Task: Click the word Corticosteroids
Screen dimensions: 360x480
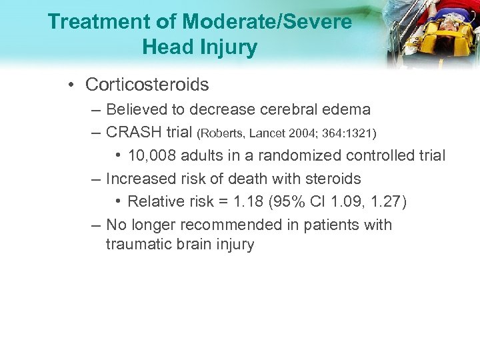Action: pos(147,85)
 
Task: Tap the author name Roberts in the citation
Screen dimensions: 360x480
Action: pos(223,134)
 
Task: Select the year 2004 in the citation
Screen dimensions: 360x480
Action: pos(306,134)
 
